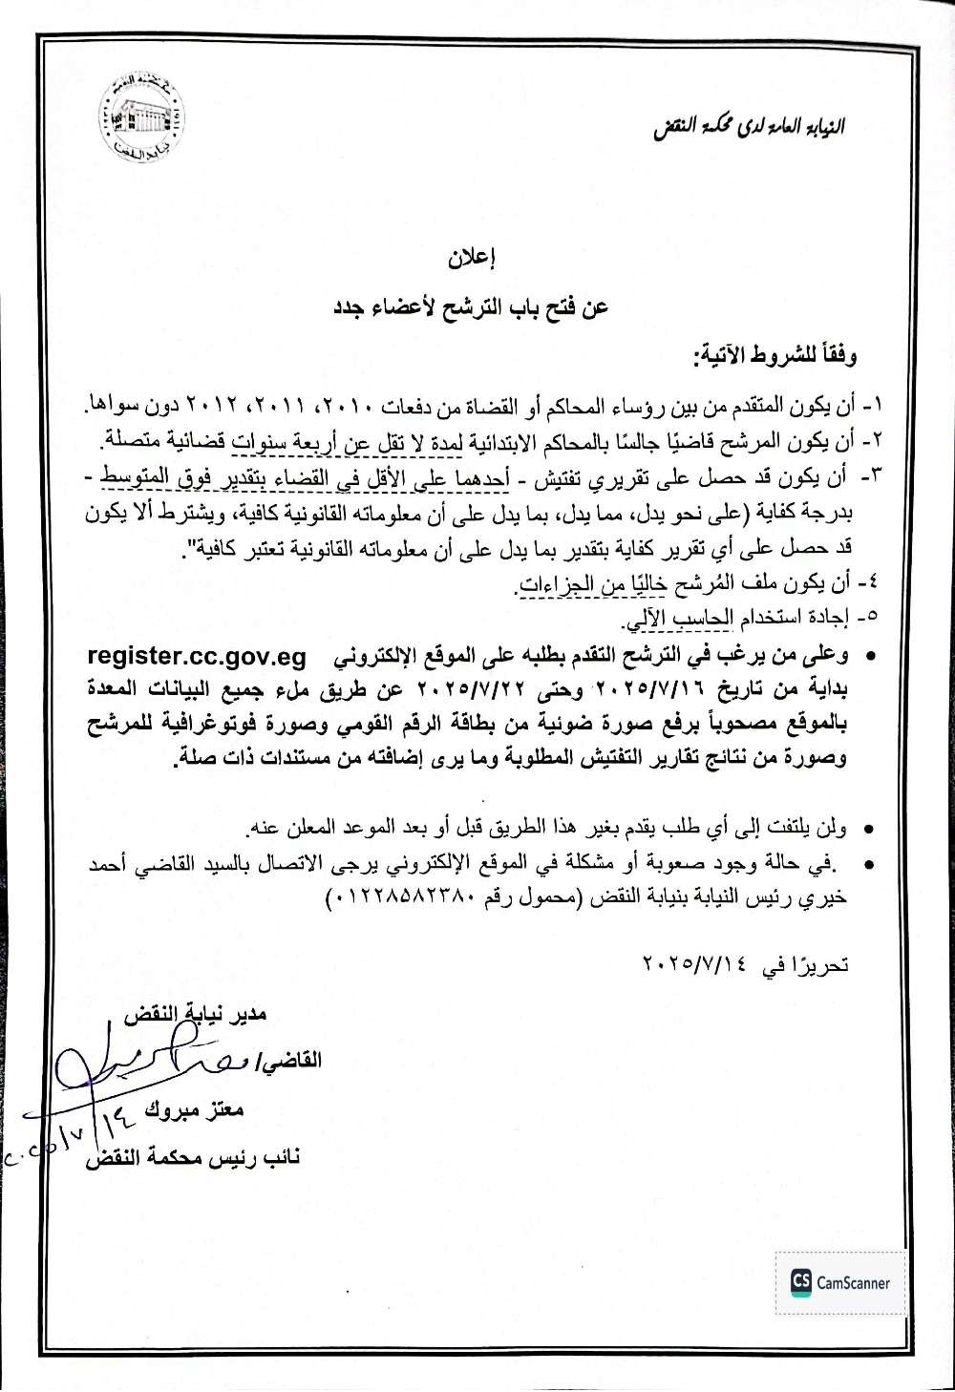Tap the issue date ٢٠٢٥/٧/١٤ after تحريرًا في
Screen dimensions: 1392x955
click(x=698, y=965)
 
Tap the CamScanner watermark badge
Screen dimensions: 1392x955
click(x=840, y=1282)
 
